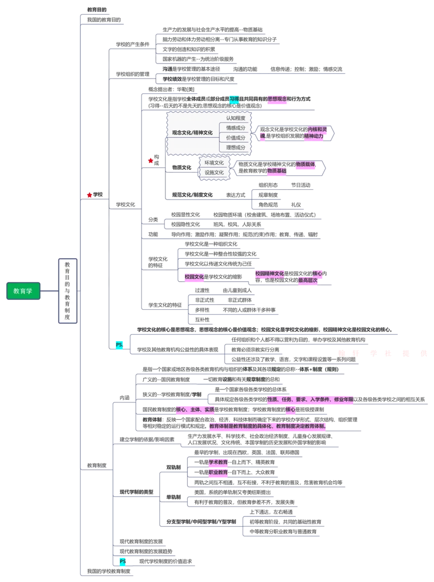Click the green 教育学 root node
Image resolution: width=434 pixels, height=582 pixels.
coord(23,291)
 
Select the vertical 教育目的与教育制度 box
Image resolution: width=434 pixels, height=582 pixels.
coord(67,291)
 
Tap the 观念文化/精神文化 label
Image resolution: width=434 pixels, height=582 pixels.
coord(192,132)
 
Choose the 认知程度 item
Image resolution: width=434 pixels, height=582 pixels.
coord(235,118)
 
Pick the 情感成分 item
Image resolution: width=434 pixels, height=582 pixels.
coord(235,128)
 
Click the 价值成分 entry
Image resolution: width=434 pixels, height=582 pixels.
coord(235,138)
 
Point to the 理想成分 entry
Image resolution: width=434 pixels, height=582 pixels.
coord(235,148)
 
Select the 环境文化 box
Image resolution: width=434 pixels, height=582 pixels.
coord(214,163)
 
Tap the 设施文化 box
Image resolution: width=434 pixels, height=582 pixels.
coord(214,172)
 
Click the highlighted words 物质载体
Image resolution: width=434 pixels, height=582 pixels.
coord(305,164)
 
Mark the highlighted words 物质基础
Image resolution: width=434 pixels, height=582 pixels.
coord(276,171)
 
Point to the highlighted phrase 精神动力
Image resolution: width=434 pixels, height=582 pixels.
coord(314,137)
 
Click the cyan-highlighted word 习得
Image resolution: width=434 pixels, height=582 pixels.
coord(233,99)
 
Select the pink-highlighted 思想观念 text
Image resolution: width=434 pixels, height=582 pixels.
coord(277,99)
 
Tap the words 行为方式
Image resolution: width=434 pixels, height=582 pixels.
coord(301,99)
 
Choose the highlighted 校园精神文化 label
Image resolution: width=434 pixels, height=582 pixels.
coord(270,274)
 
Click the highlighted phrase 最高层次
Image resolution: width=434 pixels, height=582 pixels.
coord(307,281)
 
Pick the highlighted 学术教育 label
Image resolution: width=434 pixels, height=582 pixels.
coord(218,462)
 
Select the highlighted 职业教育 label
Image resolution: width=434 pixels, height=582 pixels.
coord(218,472)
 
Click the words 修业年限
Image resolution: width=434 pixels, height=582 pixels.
coord(343,399)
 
